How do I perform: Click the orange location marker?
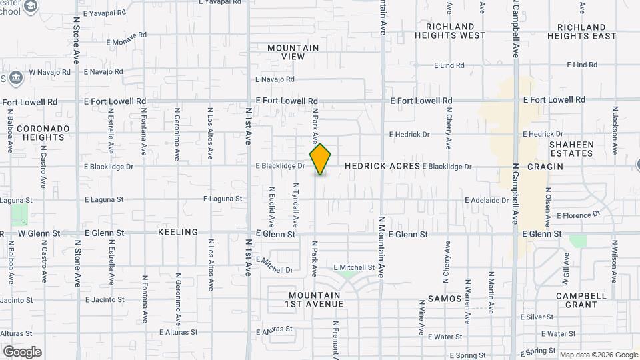(x=321, y=159)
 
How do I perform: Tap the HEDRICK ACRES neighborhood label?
(x=383, y=166)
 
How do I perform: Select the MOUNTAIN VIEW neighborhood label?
(x=293, y=52)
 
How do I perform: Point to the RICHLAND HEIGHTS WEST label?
(x=450, y=31)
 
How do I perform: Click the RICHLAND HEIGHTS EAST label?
(x=586, y=31)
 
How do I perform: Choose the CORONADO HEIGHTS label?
(x=41, y=133)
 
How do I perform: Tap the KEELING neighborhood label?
(x=178, y=232)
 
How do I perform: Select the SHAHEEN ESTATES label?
(x=571, y=149)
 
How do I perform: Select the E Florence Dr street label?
(x=578, y=215)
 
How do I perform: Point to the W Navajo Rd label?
(x=49, y=71)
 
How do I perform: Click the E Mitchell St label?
(x=354, y=267)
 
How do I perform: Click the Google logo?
(x=22, y=352)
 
